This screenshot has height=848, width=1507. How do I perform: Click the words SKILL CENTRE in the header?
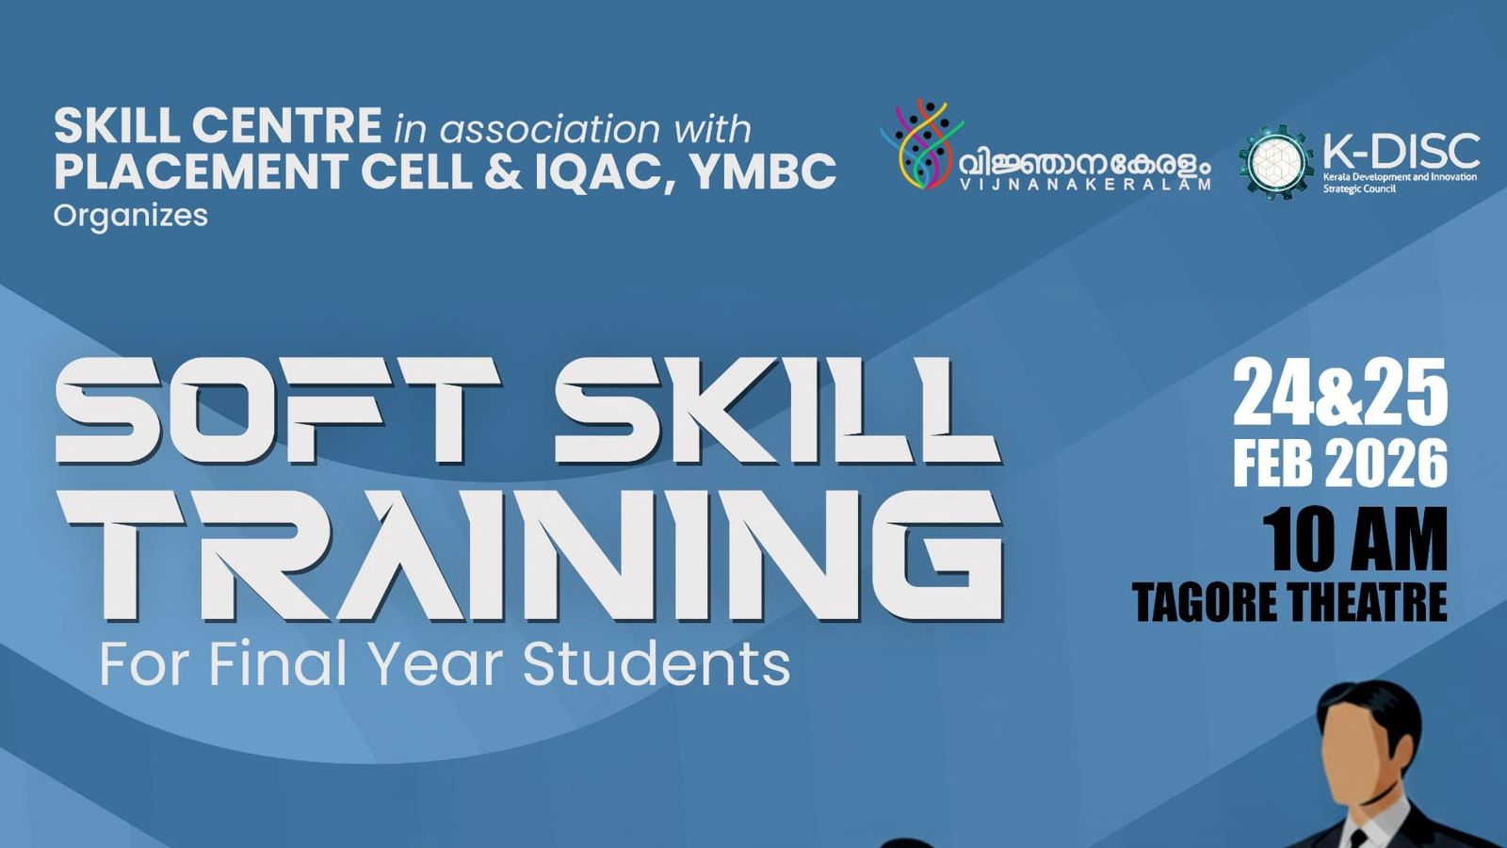(218, 125)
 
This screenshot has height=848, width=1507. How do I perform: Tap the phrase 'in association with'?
(573, 129)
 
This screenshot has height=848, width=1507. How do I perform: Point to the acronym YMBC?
(762, 171)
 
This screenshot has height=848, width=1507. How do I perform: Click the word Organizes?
(130, 216)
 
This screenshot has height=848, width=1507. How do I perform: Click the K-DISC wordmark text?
(1401, 151)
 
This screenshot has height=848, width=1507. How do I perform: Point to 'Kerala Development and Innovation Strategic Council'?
(1399, 182)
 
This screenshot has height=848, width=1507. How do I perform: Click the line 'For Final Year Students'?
(445, 663)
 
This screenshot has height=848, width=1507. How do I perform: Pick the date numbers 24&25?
(1339, 394)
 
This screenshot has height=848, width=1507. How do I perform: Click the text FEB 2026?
(1339, 464)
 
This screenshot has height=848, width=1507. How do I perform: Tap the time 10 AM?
(1354, 540)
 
